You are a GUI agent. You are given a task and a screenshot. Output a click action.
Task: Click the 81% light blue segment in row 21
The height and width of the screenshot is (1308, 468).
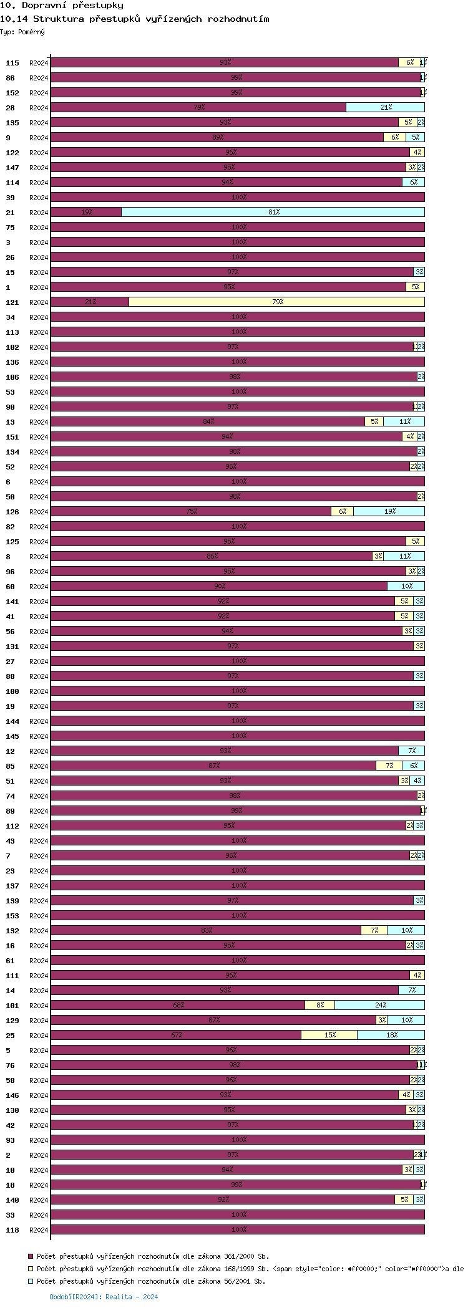[x=273, y=212]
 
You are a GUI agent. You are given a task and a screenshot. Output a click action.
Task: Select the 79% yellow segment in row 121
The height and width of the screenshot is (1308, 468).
[x=276, y=302]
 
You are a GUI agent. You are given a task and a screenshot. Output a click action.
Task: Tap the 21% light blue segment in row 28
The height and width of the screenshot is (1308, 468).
[x=385, y=107]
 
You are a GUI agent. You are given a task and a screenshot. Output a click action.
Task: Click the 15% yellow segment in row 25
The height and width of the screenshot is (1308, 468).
[x=329, y=1035]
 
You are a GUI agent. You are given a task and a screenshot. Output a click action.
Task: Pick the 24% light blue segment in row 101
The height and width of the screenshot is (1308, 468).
[x=379, y=1005]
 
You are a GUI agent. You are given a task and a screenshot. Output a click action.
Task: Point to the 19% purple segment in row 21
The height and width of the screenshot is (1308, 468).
[x=86, y=212]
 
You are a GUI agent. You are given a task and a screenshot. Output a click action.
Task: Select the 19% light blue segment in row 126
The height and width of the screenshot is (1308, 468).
[x=389, y=511]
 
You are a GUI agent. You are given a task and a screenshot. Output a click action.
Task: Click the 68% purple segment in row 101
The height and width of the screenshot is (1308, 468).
[x=178, y=1005]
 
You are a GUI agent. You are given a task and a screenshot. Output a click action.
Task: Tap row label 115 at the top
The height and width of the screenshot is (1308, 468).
[x=12, y=63]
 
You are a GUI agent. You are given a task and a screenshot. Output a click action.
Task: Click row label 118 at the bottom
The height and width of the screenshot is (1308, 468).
[x=12, y=1230]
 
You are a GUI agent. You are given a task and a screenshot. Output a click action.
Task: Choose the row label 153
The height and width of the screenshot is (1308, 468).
[x=12, y=916]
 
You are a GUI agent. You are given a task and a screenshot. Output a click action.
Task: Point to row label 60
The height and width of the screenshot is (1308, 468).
[x=11, y=587]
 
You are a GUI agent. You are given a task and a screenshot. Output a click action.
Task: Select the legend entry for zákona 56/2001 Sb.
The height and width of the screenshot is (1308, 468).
[x=150, y=1281]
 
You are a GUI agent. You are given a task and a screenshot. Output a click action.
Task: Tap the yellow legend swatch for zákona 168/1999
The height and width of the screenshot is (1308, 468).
[x=31, y=1269]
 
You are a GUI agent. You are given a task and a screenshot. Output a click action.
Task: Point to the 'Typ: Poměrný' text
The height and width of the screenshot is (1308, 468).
[x=22, y=32]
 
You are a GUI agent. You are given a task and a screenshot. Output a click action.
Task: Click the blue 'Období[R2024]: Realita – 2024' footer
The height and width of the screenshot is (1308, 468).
[x=104, y=1297]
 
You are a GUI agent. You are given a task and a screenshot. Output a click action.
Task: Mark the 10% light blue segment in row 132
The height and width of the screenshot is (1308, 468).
[x=406, y=930]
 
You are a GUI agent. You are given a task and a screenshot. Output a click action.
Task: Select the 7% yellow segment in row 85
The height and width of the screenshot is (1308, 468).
[x=389, y=766]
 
